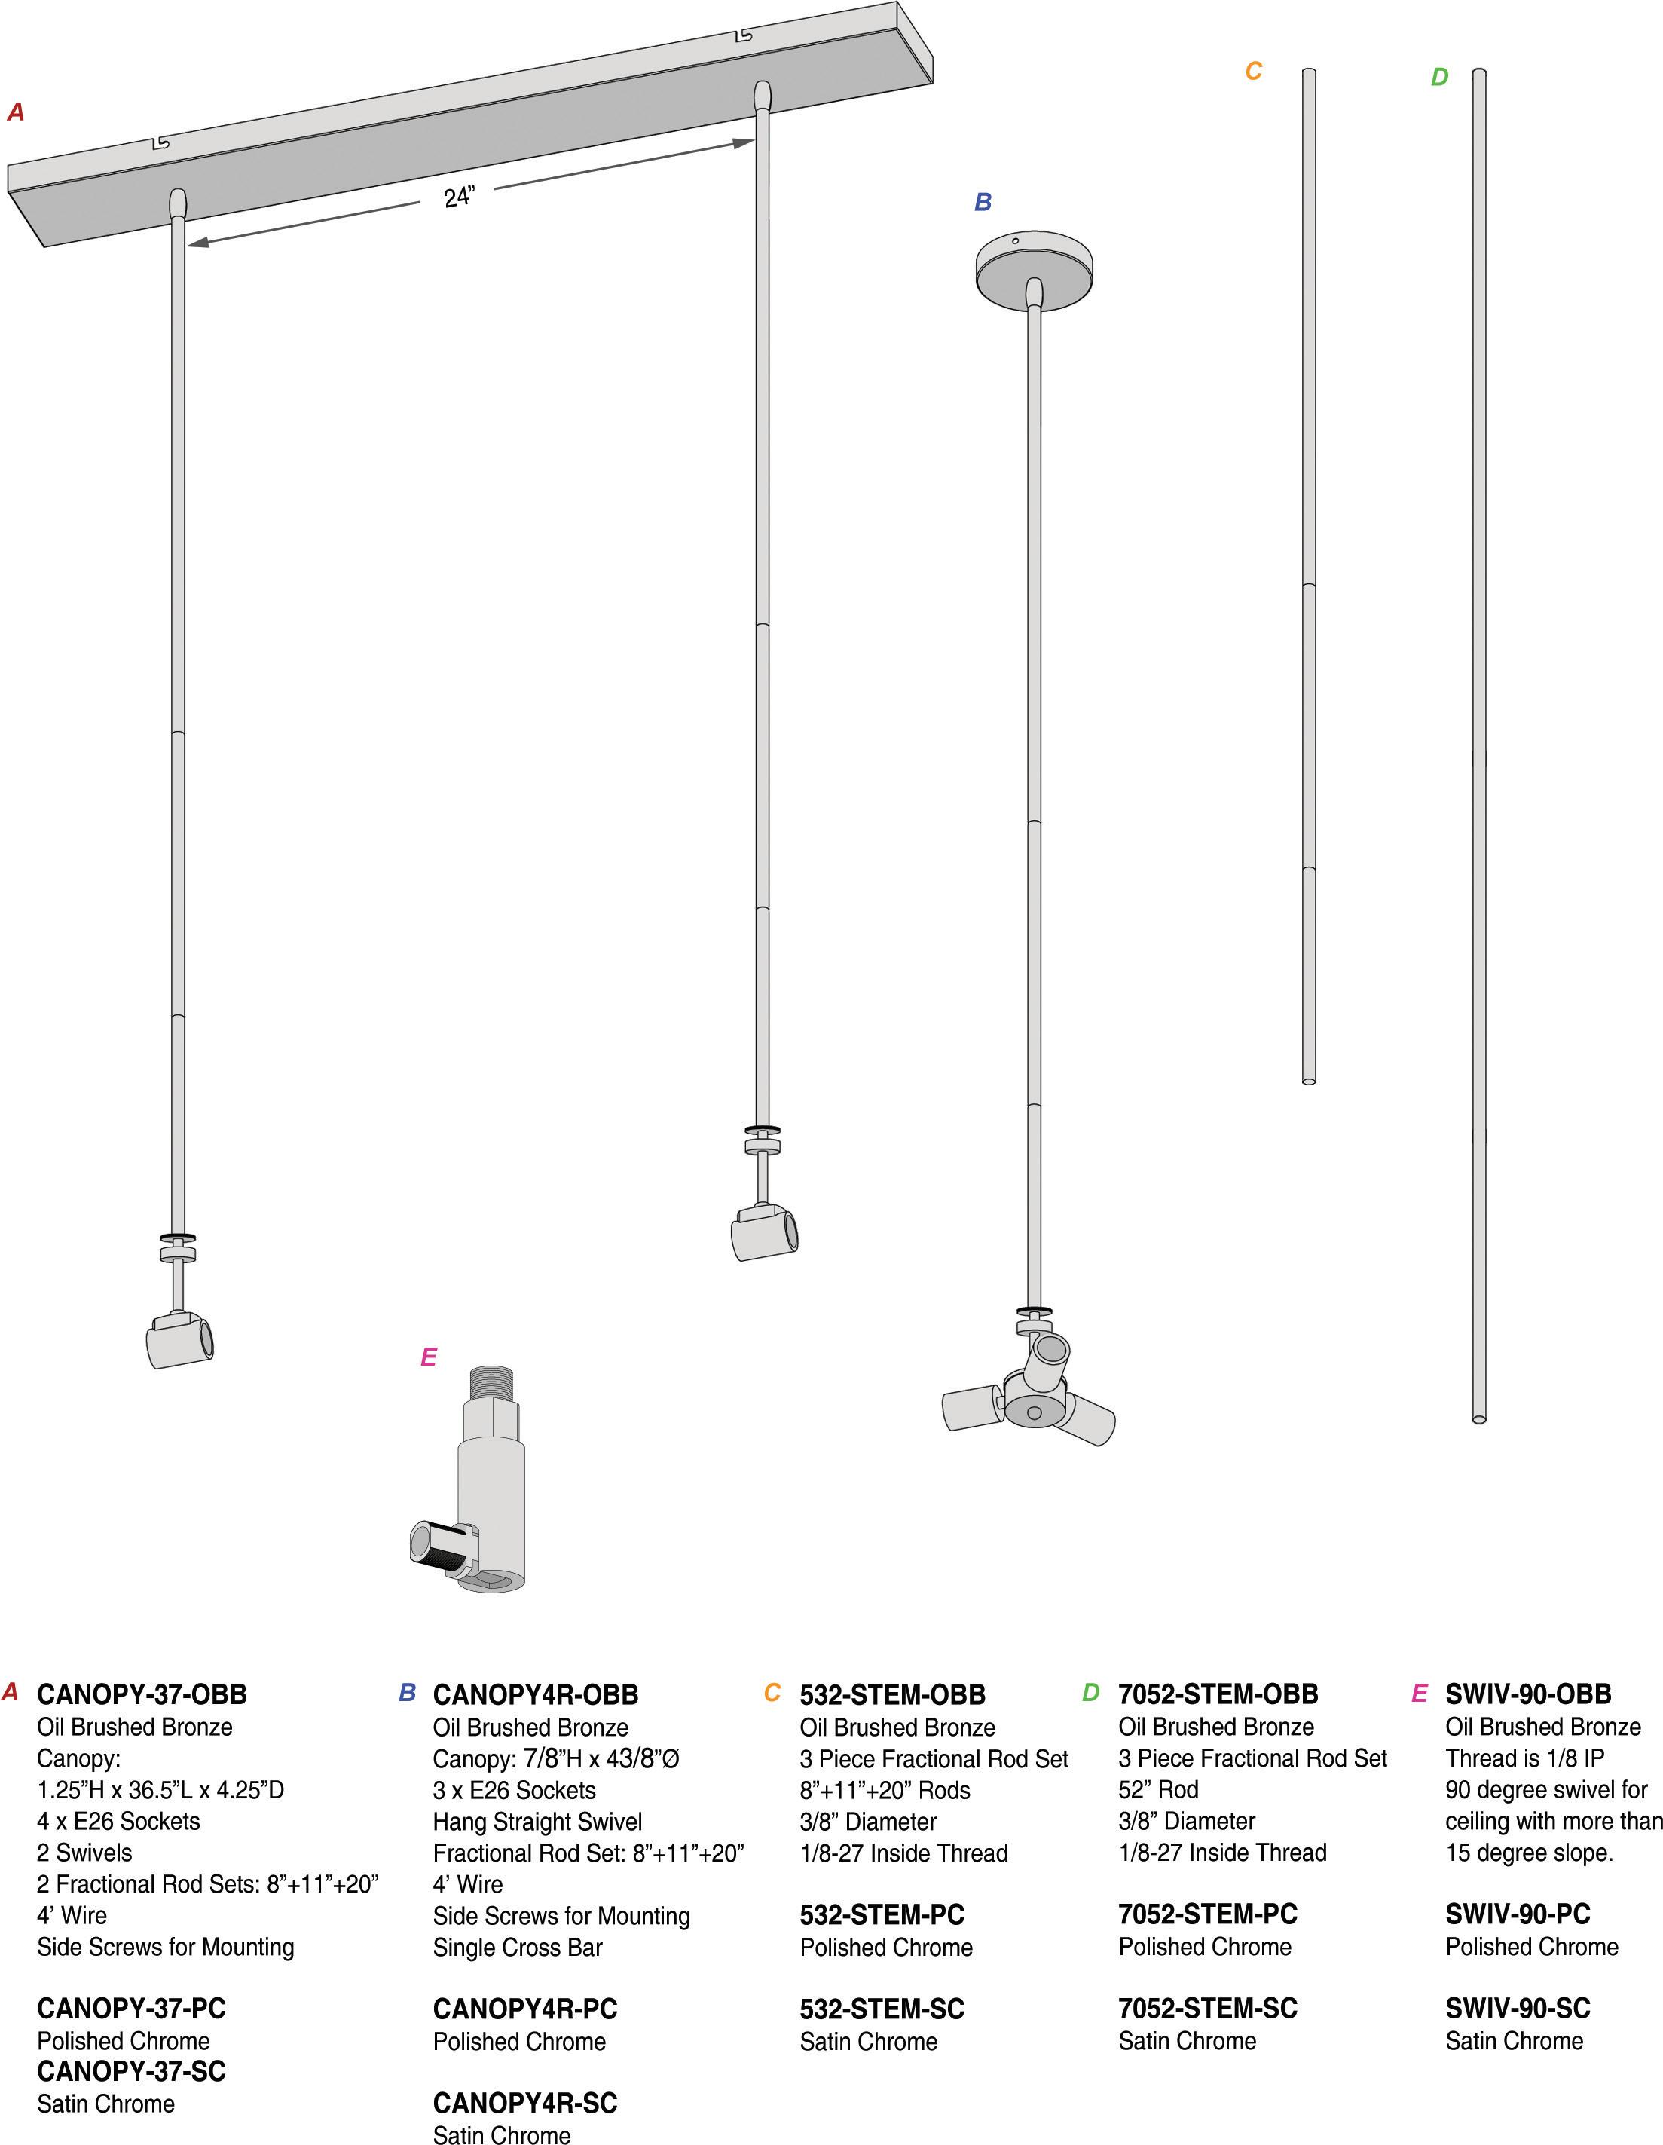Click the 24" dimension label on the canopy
tap(458, 197)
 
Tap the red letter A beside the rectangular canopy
tap(16, 112)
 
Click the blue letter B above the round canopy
tap(983, 202)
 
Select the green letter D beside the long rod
tap(1439, 78)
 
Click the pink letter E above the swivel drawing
tap(428, 1357)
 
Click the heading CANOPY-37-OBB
tap(142, 1694)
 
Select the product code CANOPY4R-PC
tap(524, 2009)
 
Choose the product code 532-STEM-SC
tap(882, 2009)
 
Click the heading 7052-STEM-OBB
tap(1218, 1694)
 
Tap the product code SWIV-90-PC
tap(1517, 1914)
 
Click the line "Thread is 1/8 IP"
tap(1524, 1758)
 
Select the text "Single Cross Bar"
tap(518, 1948)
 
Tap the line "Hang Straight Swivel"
tap(537, 1822)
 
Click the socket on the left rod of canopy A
tap(179, 1339)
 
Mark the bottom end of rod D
tap(1478, 1418)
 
